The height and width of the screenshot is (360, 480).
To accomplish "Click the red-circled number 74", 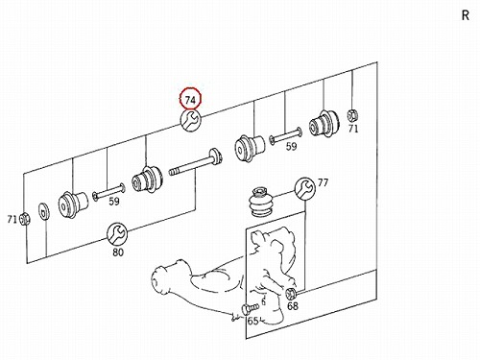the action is click(190, 100).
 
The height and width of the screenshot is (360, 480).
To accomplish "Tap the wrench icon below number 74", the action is click(191, 120).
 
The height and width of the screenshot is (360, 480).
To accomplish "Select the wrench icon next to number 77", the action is click(304, 188).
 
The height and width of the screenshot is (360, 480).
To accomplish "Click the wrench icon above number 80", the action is click(117, 233).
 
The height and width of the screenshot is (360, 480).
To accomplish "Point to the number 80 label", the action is click(118, 252).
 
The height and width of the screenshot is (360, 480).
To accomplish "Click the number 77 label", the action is click(323, 182).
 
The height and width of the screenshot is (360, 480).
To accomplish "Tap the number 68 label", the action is click(293, 306).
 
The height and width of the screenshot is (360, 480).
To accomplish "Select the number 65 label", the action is click(252, 321).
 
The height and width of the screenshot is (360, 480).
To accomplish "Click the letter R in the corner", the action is click(466, 15).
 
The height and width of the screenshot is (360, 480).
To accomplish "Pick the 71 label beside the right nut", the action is click(353, 129).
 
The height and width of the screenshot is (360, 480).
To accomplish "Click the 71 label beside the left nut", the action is click(12, 220).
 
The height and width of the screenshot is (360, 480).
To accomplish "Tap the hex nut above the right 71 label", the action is click(352, 115).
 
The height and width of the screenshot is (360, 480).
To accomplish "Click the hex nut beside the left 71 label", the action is click(24, 219).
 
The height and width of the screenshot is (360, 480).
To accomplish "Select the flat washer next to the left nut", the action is click(44, 211).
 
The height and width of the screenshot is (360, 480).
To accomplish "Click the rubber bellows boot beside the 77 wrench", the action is click(261, 204).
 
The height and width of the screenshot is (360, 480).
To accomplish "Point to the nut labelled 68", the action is click(290, 293).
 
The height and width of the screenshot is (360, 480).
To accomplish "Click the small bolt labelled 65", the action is click(250, 309).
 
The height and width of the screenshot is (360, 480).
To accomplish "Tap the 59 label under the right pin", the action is click(291, 147).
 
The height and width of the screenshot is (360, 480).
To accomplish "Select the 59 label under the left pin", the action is click(114, 202).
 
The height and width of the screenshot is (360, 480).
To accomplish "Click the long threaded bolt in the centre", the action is click(196, 162).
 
